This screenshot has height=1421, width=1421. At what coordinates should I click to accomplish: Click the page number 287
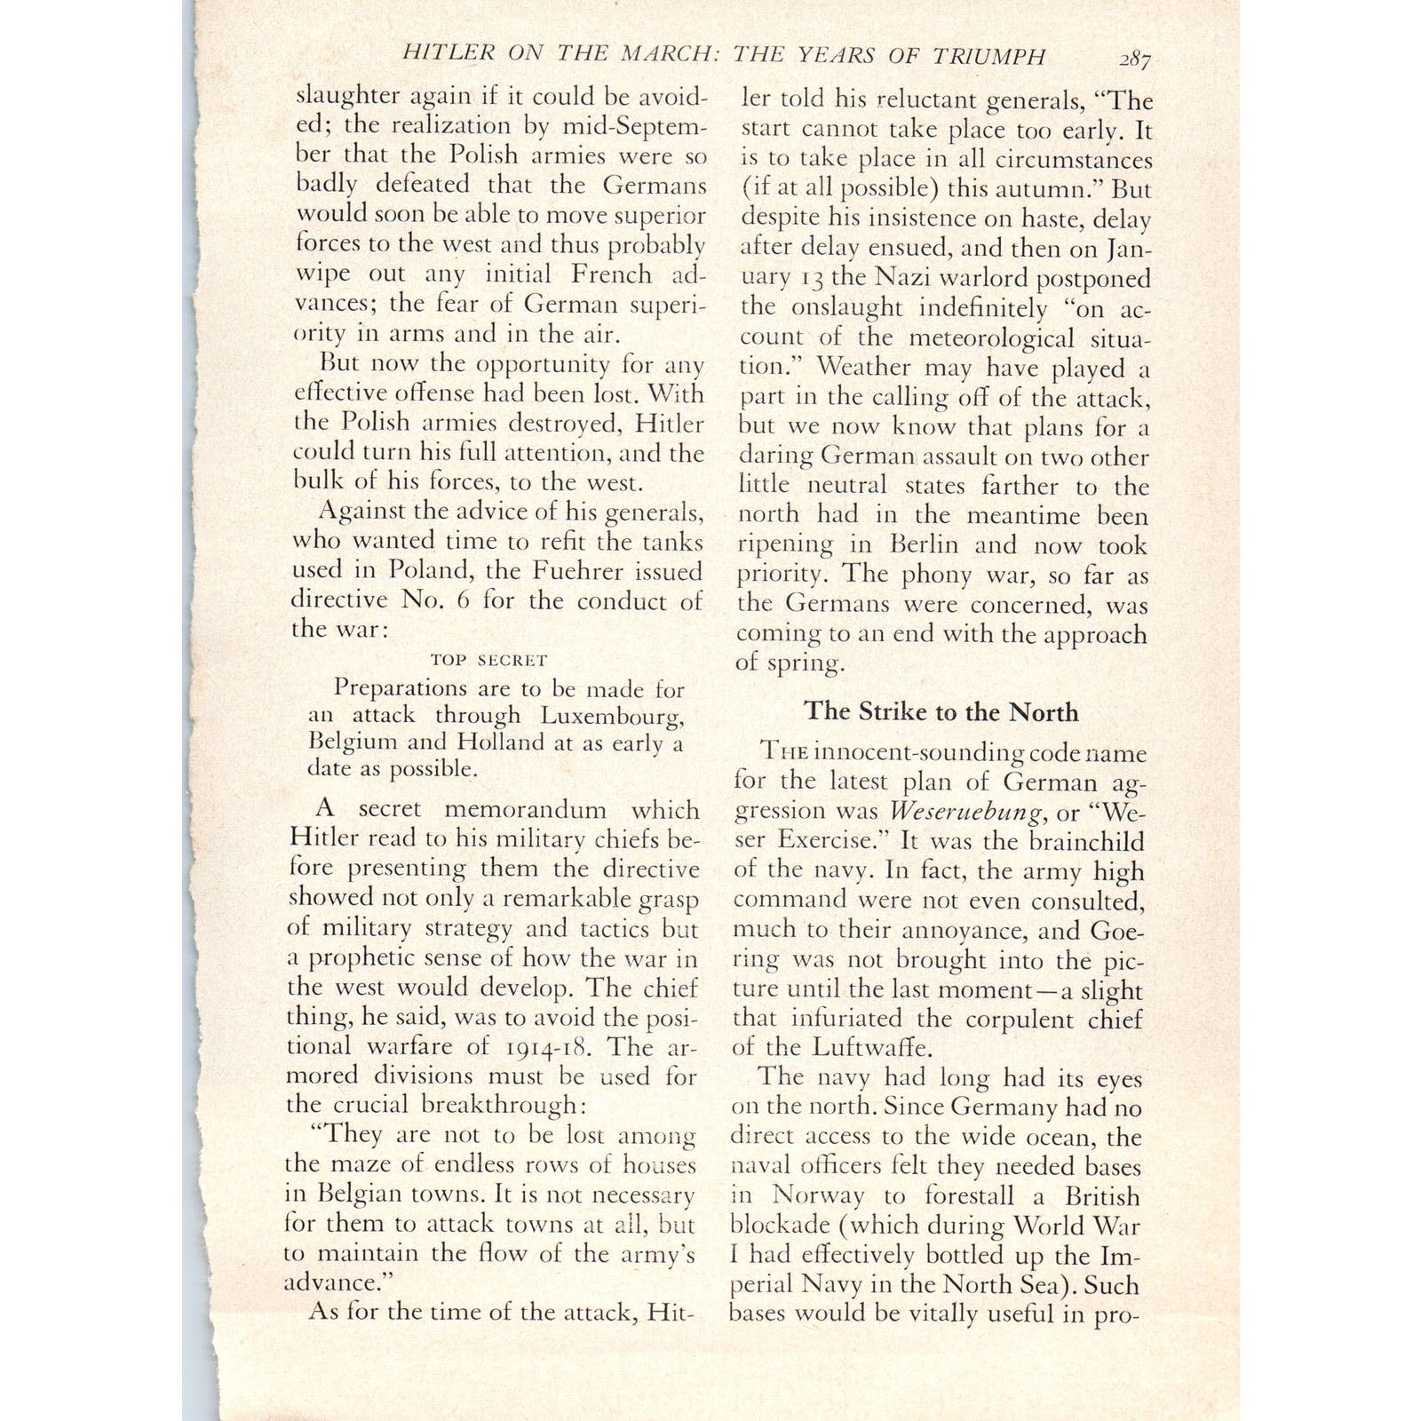[x=1134, y=59]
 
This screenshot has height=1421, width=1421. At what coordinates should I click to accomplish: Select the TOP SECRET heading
[x=488, y=660]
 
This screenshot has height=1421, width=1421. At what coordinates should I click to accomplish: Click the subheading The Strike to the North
[x=941, y=711]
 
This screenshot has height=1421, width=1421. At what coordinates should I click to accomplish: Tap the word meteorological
[x=990, y=337]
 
